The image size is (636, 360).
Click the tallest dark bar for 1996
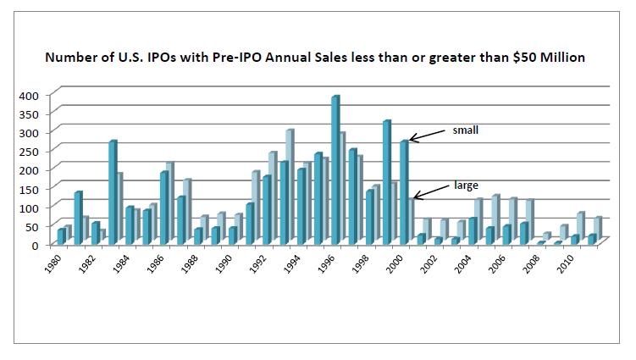[335, 169]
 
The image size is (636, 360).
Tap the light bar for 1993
[290, 186]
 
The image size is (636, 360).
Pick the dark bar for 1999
[386, 182]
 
